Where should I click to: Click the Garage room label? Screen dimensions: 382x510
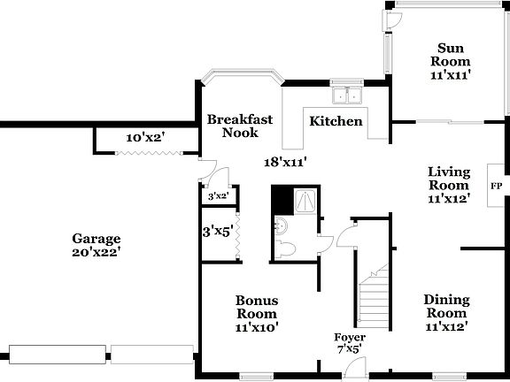tap(97, 239)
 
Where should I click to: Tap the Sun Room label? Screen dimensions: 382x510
tap(450, 55)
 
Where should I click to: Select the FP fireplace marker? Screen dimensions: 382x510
tap(497, 186)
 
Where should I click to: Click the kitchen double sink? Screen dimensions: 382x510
tap(347, 95)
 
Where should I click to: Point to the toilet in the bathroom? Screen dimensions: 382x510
tap(288, 251)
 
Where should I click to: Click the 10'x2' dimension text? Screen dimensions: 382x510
tap(144, 138)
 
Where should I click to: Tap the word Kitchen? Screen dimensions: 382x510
tap(336, 120)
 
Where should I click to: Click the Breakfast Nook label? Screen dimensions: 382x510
tap(240, 126)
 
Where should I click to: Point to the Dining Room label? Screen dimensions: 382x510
tap(446, 307)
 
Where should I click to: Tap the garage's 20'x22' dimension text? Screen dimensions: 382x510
tap(97, 252)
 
